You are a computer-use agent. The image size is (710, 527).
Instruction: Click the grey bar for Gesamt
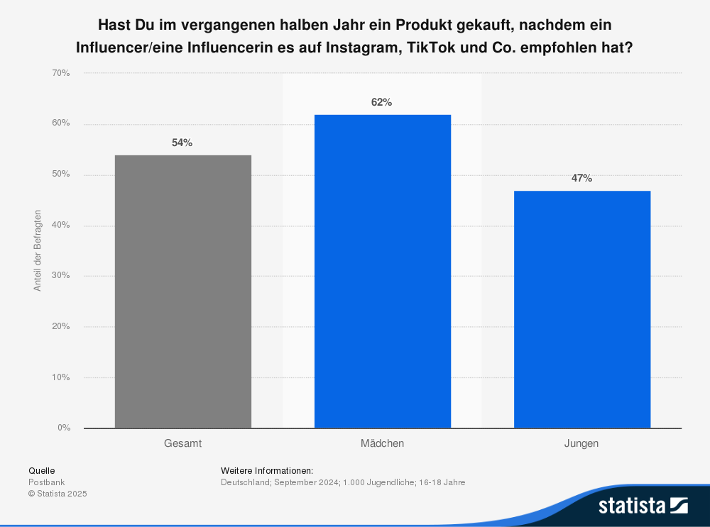click(182, 292)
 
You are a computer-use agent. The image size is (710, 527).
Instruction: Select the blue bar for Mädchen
click(382, 272)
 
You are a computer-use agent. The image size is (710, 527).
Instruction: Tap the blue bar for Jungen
click(581, 309)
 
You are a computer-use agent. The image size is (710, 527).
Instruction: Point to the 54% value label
click(182, 143)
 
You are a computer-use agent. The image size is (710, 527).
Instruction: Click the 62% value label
click(381, 102)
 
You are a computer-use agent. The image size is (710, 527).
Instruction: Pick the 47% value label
click(581, 178)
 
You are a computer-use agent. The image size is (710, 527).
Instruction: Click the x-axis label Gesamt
click(182, 443)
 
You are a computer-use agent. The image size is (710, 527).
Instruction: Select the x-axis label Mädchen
click(382, 443)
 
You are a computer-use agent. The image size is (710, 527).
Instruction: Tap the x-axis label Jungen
click(581, 443)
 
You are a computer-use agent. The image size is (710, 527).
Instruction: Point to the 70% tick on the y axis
click(61, 73)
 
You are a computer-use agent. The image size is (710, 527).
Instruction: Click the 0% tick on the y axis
click(63, 428)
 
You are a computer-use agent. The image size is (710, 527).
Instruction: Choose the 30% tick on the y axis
click(61, 276)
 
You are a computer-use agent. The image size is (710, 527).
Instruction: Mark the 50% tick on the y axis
click(61, 174)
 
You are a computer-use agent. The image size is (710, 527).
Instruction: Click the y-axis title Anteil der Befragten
click(37, 250)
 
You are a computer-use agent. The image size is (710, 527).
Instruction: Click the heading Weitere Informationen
click(267, 470)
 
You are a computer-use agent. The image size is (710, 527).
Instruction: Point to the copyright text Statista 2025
click(58, 494)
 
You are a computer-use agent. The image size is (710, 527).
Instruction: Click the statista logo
click(643, 505)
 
